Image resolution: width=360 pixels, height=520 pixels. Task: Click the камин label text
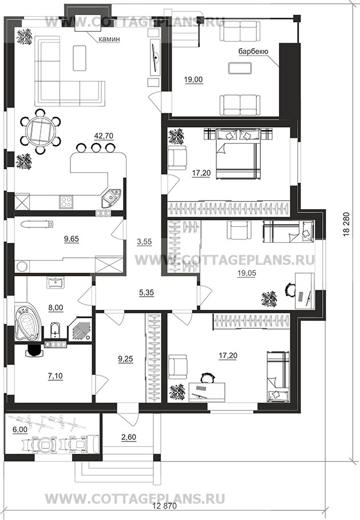[109, 39]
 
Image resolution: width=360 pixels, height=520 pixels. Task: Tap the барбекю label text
[253, 52]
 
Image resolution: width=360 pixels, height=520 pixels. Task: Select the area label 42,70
[104, 136]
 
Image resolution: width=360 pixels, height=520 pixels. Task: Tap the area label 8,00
[56, 308]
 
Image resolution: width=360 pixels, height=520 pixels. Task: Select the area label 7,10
[56, 376]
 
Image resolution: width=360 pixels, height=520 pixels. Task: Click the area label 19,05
[247, 273]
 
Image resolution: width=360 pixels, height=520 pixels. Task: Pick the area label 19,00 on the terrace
[193, 80]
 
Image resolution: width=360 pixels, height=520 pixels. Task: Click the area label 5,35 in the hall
[146, 293]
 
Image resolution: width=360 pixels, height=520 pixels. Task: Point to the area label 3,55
[144, 242]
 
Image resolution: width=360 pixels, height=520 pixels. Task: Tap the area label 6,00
[20, 429]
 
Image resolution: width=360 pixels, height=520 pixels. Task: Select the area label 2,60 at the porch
[129, 437]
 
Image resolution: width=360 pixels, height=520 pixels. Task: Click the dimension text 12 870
[165, 506]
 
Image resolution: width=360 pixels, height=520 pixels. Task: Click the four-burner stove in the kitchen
[66, 202]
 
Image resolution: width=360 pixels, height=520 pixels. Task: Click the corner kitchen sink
[111, 198]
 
